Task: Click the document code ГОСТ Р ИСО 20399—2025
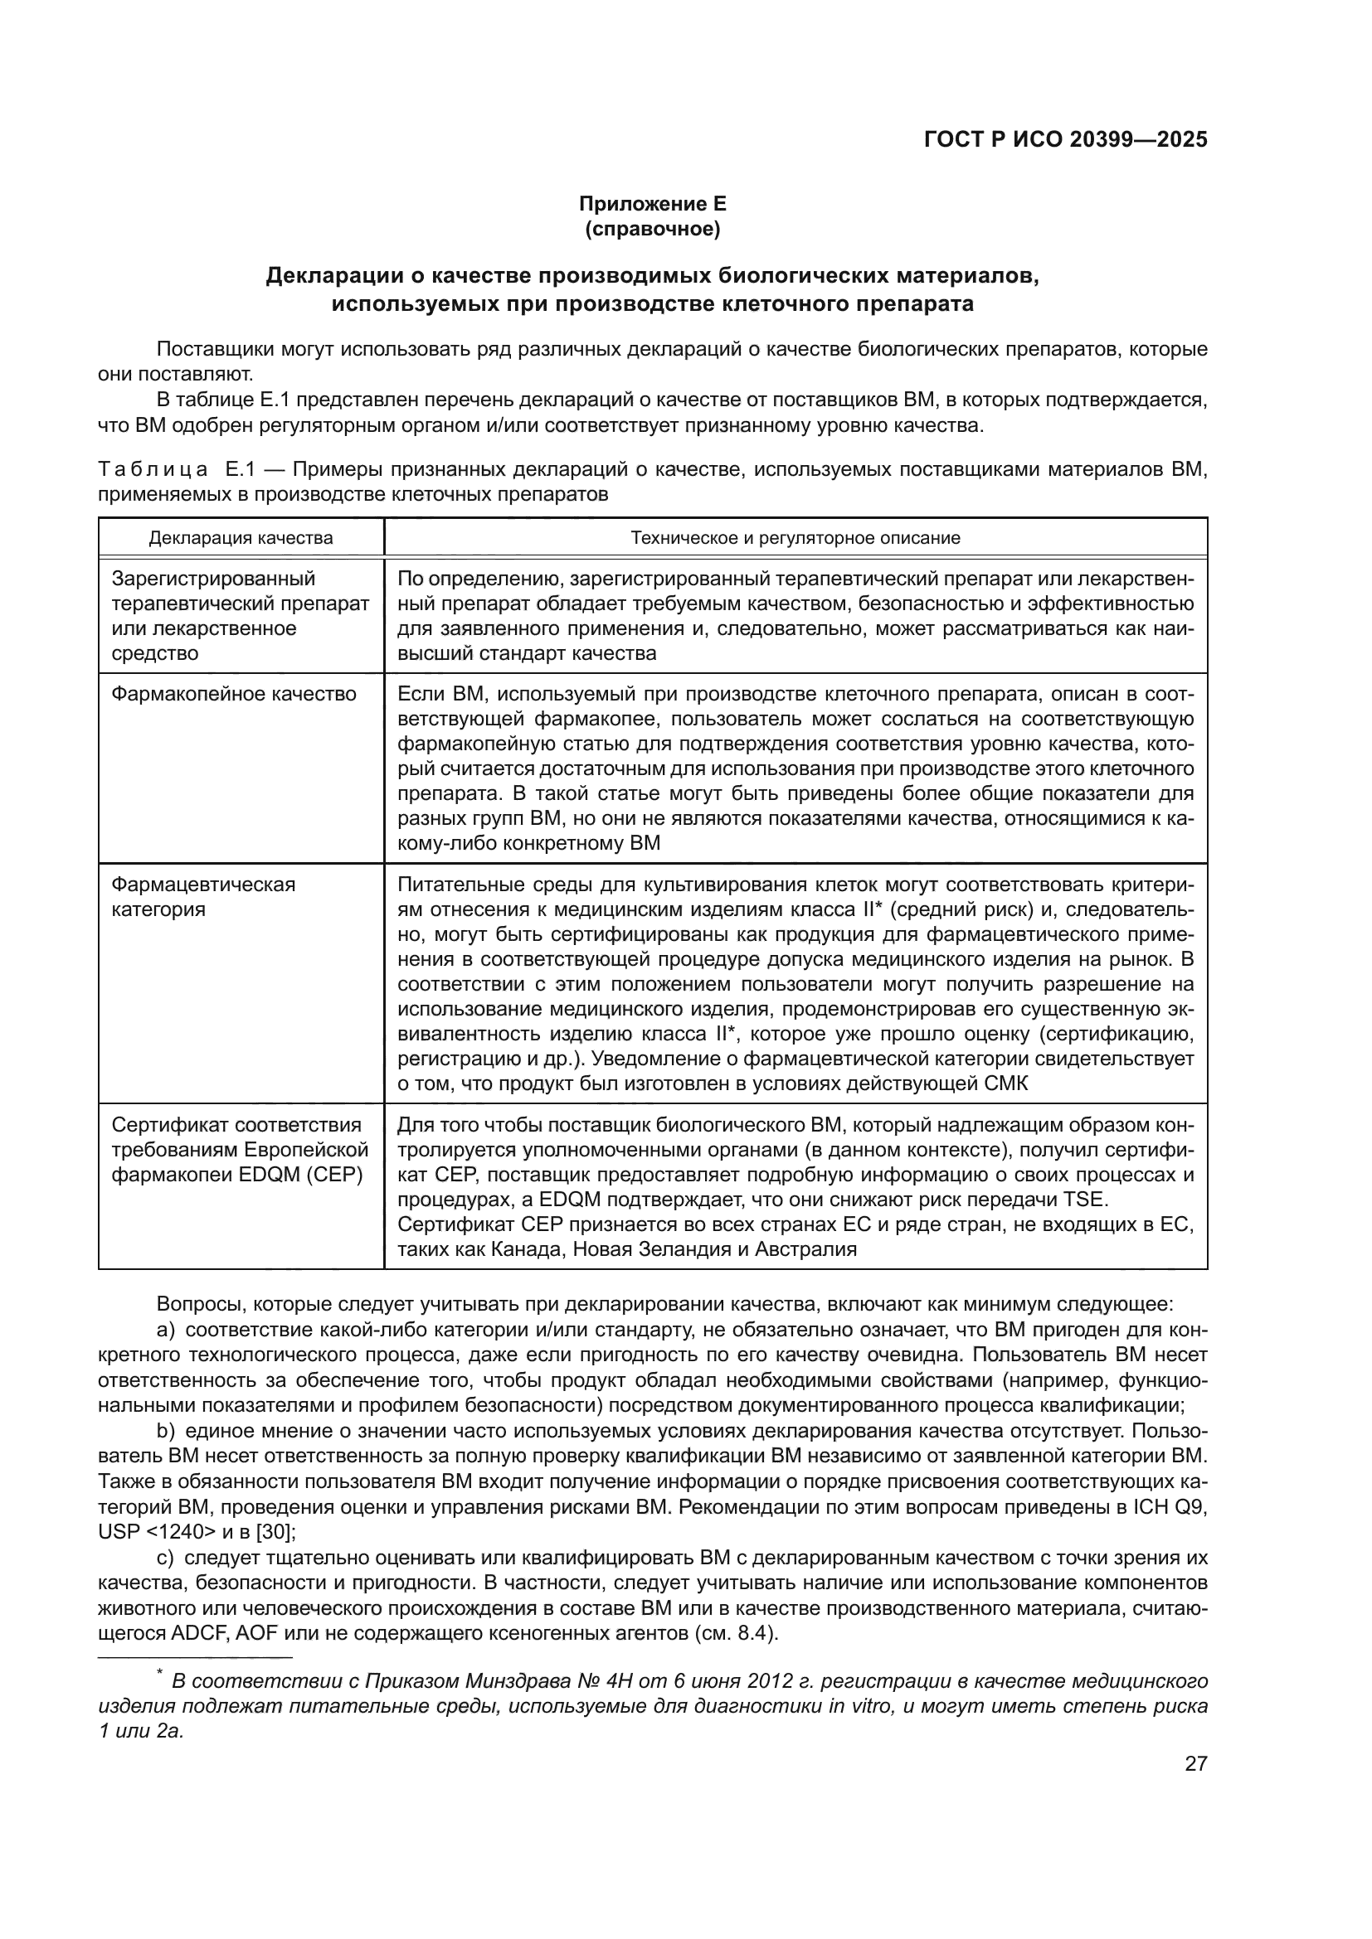(x=1065, y=140)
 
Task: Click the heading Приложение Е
(x=652, y=204)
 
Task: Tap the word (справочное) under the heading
(x=652, y=229)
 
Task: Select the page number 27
(x=1195, y=1763)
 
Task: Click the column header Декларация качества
(x=241, y=538)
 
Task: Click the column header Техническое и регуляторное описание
(x=795, y=538)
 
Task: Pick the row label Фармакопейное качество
(x=234, y=694)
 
